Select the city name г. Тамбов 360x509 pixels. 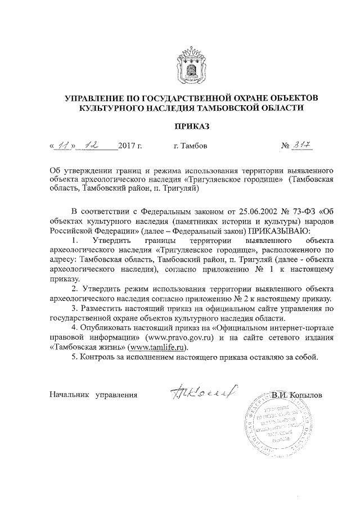[x=191, y=147]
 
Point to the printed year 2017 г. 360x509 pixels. [x=130, y=147]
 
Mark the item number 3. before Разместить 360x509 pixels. [x=75, y=309]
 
